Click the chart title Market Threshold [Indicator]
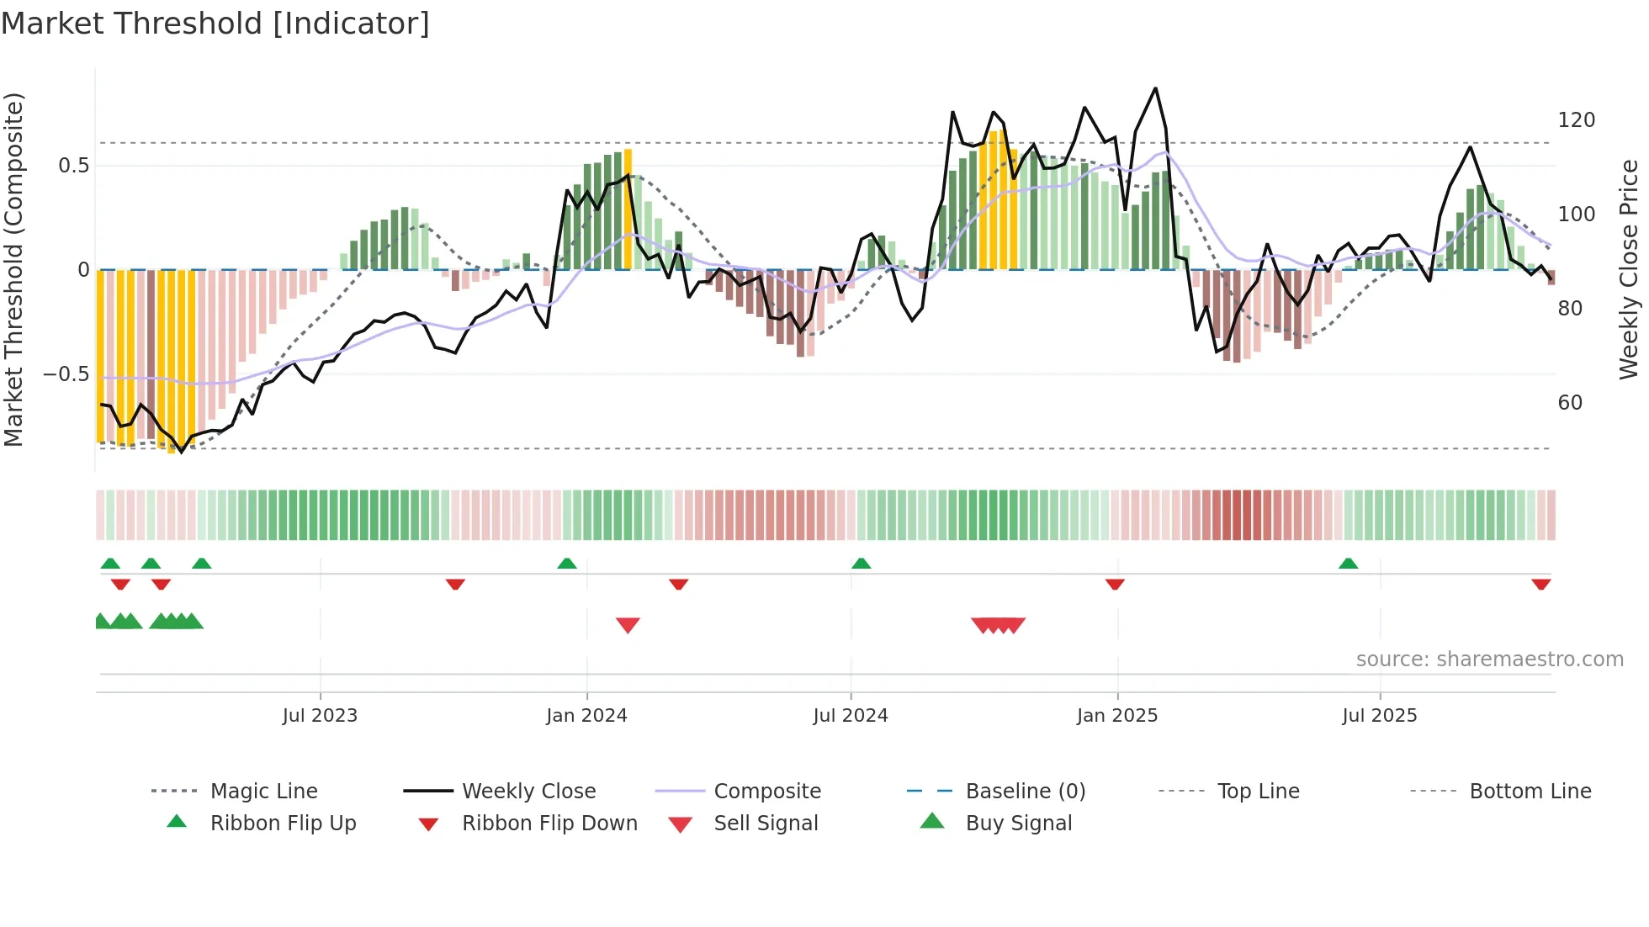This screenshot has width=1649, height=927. pyautogui.click(x=215, y=24)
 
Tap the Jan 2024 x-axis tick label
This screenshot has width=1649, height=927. pyautogui.click(x=586, y=715)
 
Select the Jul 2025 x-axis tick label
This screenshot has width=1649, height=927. pyautogui.click(x=1379, y=715)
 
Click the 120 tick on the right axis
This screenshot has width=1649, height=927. pyautogui.click(x=1576, y=120)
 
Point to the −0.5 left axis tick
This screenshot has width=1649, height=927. pyautogui.click(x=66, y=373)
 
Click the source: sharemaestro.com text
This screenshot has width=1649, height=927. pyautogui.click(x=1489, y=659)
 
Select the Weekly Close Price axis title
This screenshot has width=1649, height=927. pyautogui.click(x=1629, y=269)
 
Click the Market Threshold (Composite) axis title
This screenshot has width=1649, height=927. pyautogui.click(x=13, y=269)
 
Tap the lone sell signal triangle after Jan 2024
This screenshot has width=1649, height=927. pyautogui.click(x=628, y=624)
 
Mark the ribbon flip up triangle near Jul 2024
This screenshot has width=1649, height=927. pyautogui.click(x=861, y=563)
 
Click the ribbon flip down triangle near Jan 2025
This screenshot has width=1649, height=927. pyautogui.click(x=1115, y=584)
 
